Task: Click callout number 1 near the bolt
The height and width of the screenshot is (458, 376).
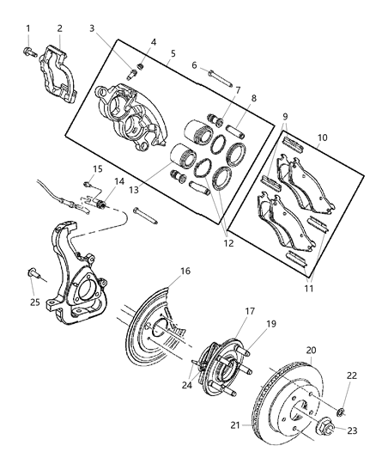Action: (27, 28)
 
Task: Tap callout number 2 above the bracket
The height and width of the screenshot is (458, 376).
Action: (59, 28)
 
